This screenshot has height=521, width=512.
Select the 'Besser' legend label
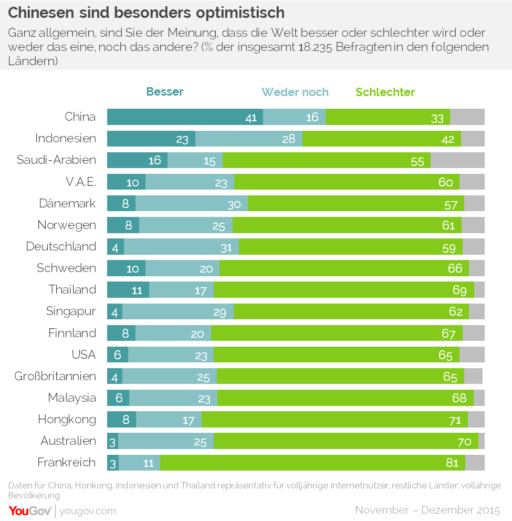pos(165,92)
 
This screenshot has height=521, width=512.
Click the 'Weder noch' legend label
pos(295,92)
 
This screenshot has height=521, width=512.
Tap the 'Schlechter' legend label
pos(385,92)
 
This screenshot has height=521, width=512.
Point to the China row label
pos(80,117)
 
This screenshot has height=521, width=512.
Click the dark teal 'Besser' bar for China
pos(185,117)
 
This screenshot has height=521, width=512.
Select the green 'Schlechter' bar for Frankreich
pos(312,463)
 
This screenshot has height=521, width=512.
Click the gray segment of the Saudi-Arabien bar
pos(457,160)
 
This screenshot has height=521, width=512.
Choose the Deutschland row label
pos(61,246)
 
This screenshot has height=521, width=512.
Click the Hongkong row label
pos(67,419)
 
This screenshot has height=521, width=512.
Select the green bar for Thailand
pos(344,290)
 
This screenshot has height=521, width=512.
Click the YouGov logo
pos(29,510)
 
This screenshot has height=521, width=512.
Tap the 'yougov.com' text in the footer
pos(88,510)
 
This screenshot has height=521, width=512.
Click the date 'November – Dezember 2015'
pos(427,510)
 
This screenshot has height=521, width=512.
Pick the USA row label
pos(83,355)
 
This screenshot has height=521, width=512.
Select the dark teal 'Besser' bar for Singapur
pos(114,311)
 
